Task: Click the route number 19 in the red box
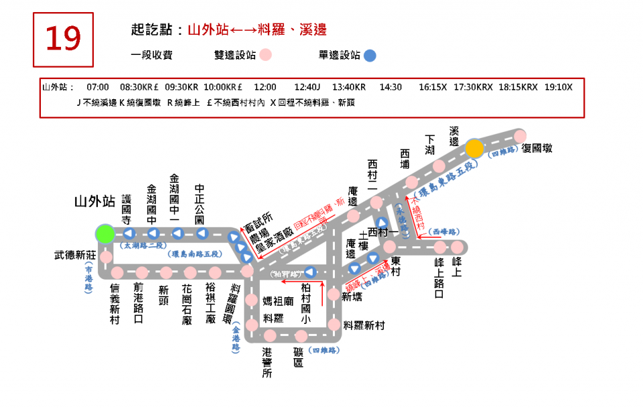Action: coord(63,39)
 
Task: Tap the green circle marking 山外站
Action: coord(104,234)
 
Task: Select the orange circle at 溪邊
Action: coord(474,148)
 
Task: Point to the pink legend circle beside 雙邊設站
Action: coord(266,56)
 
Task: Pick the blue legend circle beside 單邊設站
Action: coord(370,56)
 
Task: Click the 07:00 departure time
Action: coord(98,88)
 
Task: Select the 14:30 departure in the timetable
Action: coord(390,88)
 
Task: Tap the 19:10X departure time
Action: coord(558,88)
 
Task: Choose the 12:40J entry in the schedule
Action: coord(307,88)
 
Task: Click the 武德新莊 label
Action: coord(76,255)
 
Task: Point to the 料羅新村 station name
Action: coord(364,325)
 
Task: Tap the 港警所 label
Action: coord(267,363)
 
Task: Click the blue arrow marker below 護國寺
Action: coord(128,234)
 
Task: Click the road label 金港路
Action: coord(236,339)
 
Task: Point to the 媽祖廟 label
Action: coord(278,302)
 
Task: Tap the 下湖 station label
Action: coord(429,145)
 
